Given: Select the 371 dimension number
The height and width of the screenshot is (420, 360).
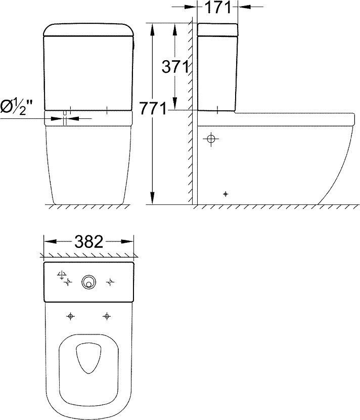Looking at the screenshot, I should tap(175, 66).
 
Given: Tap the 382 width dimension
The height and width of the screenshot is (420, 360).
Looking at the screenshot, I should tap(88, 241).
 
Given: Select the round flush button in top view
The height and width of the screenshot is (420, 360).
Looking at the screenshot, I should tap(89, 282).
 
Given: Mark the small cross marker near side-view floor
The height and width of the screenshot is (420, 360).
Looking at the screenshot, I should tap(226, 194).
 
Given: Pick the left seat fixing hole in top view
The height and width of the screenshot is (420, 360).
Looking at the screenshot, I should tap(70, 316).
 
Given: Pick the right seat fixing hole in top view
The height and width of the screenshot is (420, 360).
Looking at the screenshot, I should tap(106, 316).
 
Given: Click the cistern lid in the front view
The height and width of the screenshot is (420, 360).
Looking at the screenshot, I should tap(88, 30).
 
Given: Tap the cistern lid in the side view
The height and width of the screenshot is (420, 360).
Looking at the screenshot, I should tap(217, 29).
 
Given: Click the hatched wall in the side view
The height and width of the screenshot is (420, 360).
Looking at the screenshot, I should tap(192, 152).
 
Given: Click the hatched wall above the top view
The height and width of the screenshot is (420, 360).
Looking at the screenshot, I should tap(88, 255).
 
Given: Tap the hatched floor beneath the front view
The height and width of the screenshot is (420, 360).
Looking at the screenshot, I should tap(88, 207).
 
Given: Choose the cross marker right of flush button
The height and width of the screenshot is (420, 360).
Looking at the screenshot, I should tap(110, 282).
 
